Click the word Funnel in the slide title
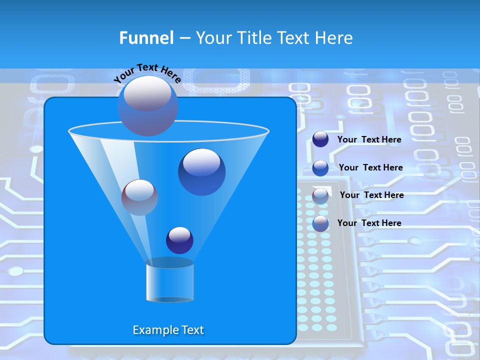[146, 38]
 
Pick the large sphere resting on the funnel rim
[147, 106]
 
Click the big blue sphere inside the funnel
[201, 172]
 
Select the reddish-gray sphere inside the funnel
[140, 197]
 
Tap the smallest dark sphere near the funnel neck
[179, 240]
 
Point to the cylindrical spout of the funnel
[169, 282]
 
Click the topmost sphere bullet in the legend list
[320, 139]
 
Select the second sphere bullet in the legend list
[320, 168]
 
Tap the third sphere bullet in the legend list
[320, 196]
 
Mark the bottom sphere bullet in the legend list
[320, 223]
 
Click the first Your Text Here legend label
[369, 139]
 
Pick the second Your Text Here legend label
[370, 167]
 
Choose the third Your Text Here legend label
[371, 195]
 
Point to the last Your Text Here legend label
[369, 223]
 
